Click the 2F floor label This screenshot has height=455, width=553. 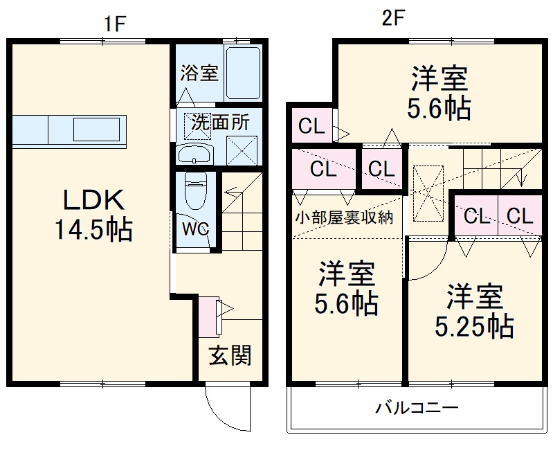pyautogui.click(x=392, y=19)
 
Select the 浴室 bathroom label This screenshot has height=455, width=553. pyautogui.click(x=199, y=73)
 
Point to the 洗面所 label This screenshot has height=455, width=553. pyautogui.click(x=220, y=123)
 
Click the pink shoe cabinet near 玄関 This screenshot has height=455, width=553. pyautogui.click(x=207, y=316)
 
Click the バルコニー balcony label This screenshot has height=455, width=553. pyautogui.click(x=417, y=407)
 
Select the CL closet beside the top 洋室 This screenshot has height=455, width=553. pyautogui.click(x=311, y=127)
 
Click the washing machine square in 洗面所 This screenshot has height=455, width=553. pyautogui.click(x=244, y=149)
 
